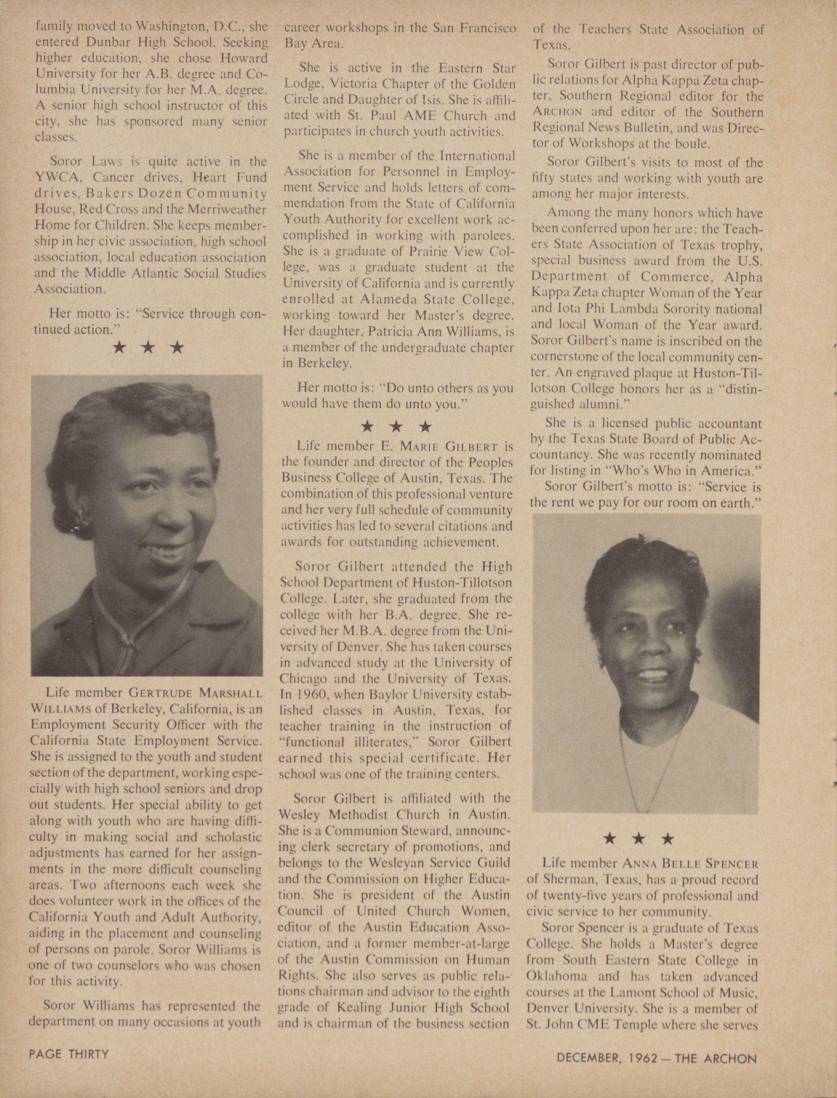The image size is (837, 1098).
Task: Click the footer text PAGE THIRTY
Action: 69,1054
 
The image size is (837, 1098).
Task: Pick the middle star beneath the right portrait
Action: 638,839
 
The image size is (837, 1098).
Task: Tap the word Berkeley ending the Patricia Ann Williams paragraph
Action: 324,363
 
